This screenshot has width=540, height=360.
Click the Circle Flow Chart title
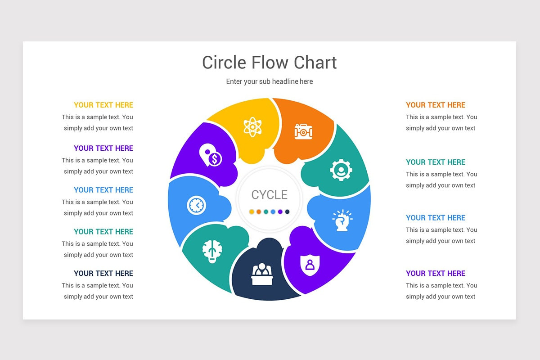tap(269, 62)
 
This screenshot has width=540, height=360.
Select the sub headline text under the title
tap(269, 81)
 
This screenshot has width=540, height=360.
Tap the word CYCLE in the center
tap(269, 195)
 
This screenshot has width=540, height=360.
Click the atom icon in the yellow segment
tap(252, 126)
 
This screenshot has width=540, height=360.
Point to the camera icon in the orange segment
tap(303, 131)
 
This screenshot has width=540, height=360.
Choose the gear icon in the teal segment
tap(341, 170)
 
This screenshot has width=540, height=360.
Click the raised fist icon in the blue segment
tap(342, 220)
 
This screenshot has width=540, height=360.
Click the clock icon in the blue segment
tap(196, 206)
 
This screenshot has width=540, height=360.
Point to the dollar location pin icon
tap(210, 155)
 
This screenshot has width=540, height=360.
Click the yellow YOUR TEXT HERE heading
tap(103, 105)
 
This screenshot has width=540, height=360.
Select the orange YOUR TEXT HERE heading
tap(435, 105)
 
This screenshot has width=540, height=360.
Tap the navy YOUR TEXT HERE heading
tap(103, 273)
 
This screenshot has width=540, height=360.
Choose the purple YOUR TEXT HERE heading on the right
tap(435, 273)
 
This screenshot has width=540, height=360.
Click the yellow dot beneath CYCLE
tap(252, 211)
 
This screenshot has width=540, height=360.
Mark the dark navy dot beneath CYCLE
tap(287, 211)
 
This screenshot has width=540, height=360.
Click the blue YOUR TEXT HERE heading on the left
tap(103, 190)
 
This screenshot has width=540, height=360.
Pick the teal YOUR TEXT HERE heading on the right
tap(435, 162)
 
